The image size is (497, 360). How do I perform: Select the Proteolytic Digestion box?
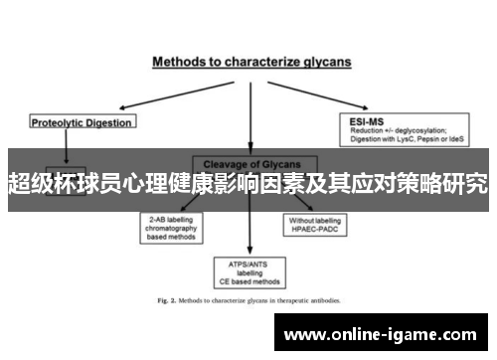click(x=82, y=122)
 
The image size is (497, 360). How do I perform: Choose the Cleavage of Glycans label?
click(x=249, y=163)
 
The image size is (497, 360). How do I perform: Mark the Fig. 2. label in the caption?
click(x=165, y=300)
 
